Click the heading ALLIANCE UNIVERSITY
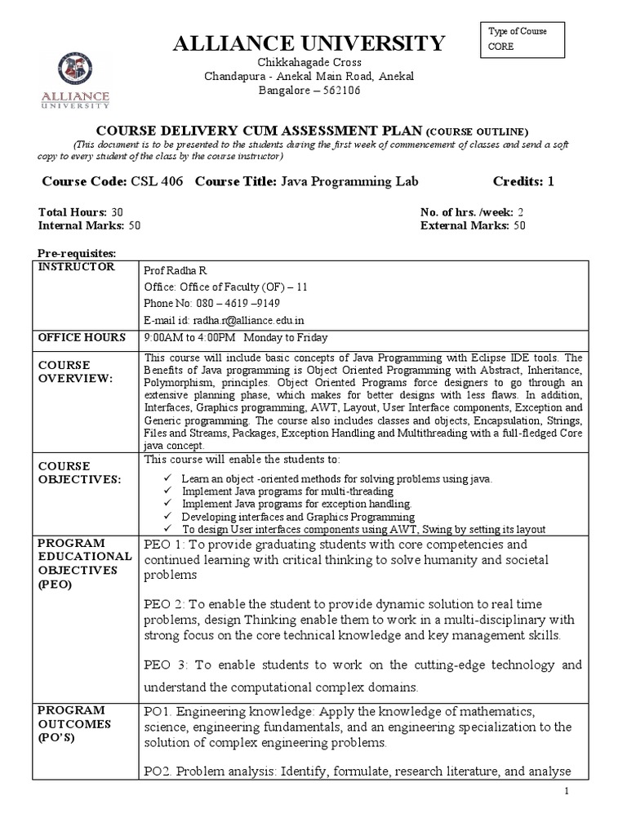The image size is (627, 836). point(309,43)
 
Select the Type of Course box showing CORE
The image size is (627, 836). point(522,39)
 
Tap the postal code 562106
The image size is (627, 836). point(338,90)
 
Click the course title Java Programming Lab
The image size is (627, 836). point(349,181)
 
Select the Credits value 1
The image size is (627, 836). point(551,181)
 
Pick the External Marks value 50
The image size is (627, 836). point(518,225)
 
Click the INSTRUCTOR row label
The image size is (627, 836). point(73,267)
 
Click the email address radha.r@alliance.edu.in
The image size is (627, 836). point(245,320)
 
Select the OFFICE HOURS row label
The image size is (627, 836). point(78,337)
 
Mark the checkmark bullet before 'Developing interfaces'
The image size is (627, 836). point(168,517)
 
